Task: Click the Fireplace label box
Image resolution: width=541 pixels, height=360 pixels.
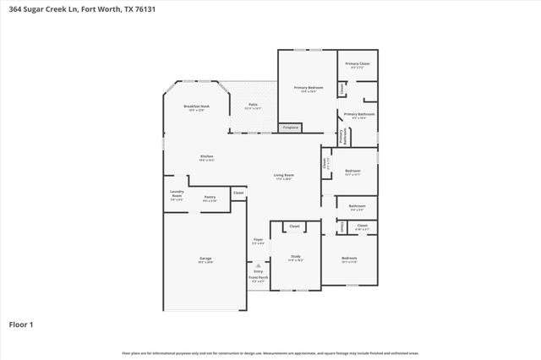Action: (291, 128)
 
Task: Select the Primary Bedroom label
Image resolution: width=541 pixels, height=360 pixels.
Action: (309, 89)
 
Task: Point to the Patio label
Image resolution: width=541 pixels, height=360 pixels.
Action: (253, 106)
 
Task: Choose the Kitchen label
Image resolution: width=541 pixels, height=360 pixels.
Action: (206, 157)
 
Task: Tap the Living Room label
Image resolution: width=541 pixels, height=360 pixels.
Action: (282, 177)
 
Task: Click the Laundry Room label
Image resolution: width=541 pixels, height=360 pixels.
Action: (177, 194)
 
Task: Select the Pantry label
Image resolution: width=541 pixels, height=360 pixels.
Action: (209, 198)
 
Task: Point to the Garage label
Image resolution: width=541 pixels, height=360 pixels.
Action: (205, 259)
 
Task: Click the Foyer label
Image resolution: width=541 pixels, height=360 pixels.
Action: (259, 240)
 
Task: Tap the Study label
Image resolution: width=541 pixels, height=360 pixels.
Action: (295, 257)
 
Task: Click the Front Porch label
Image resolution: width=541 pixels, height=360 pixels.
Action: (258, 278)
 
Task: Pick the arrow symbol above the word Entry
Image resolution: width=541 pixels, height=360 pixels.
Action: (258, 265)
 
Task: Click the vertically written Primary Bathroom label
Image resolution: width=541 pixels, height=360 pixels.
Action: (342, 137)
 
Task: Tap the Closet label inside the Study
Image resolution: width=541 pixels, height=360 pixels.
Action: (294, 226)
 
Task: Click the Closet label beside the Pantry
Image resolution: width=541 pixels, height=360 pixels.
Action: (238, 193)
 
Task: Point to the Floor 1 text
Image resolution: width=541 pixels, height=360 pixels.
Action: (20, 324)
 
